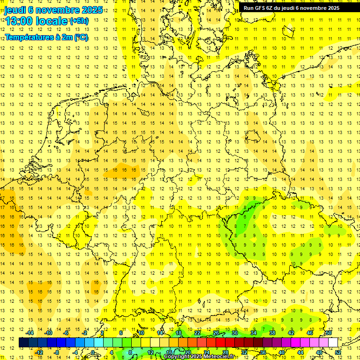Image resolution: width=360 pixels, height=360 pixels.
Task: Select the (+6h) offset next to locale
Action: pyautogui.click(x=79, y=21)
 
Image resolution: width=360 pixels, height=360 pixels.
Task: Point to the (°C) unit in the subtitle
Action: pyautogui.click(x=81, y=37)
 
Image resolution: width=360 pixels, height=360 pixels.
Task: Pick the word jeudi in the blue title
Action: pyautogui.click(x=15, y=9)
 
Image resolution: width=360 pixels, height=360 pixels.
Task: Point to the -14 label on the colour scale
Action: pyautogui.click(x=31, y=333)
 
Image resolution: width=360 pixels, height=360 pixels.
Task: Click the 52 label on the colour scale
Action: pyautogui.click(x=338, y=352)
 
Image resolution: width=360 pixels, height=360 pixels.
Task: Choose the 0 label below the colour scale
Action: pyautogui.click(x=93, y=352)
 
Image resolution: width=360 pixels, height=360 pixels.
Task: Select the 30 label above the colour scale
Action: pyautogui.click(x=234, y=333)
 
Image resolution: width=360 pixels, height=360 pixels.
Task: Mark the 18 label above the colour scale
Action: pyautogui.click(x=179, y=333)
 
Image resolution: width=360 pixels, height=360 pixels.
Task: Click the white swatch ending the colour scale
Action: pyautogui.click(x=333, y=343)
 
